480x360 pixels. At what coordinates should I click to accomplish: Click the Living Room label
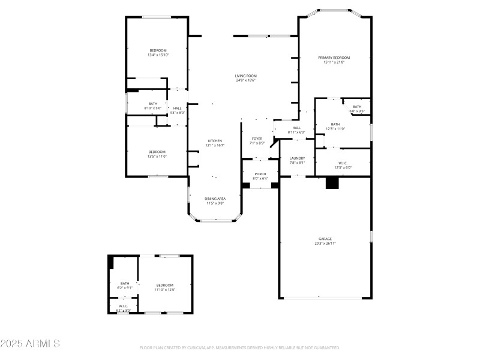[x=245, y=76]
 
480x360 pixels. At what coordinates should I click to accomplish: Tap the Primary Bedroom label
[x=334, y=58]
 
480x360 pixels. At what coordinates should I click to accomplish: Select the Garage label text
[x=325, y=239]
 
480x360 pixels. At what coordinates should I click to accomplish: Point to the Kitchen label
[x=215, y=140]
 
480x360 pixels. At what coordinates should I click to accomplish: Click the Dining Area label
[x=215, y=199]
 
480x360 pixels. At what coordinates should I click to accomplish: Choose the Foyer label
[x=257, y=139]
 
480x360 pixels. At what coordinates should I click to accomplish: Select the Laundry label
[x=298, y=158]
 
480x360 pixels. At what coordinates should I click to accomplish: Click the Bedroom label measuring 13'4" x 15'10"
[x=158, y=50]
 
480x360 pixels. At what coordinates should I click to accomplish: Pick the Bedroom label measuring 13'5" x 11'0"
[x=157, y=152]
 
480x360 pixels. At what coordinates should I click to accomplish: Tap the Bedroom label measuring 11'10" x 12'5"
[x=164, y=285]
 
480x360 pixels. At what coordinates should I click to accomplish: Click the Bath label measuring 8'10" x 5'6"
[x=153, y=104]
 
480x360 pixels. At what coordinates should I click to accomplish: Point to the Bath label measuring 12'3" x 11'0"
[x=335, y=124]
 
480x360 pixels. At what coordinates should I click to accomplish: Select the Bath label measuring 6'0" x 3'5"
[x=357, y=107]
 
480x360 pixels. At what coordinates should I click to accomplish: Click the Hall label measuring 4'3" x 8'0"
[x=177, y=108]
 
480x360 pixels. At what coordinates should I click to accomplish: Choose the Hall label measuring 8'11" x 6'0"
[x=296, y=128]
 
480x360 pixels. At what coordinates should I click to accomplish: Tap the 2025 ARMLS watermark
[x=30, y=344]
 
